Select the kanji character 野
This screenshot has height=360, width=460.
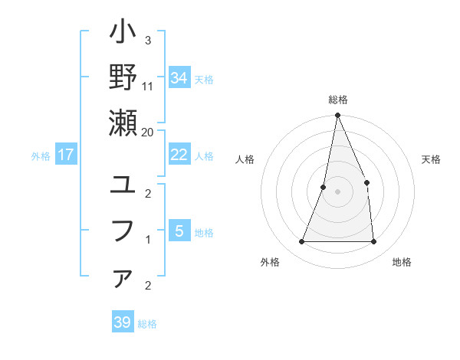(123, 78)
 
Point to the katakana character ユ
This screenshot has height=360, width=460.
(123, 185)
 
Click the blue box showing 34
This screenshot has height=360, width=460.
(179, 77)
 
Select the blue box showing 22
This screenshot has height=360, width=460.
(179, 155)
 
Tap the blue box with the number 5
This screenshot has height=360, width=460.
(179, 231)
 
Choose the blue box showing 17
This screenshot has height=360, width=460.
(66, 155)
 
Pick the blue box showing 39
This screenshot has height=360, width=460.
(123, 322)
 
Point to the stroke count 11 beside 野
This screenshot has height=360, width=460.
(148, 86)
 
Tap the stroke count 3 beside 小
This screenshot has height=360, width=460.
(147, 40)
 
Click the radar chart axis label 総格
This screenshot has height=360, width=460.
(337, 100)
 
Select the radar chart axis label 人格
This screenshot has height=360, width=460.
(245, 160)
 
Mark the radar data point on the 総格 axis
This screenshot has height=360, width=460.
(337, 116)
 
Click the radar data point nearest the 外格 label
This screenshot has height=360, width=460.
(302, 242)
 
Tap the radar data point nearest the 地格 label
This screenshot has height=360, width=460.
(373, 242)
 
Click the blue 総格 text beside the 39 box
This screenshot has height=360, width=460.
(147, 324)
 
